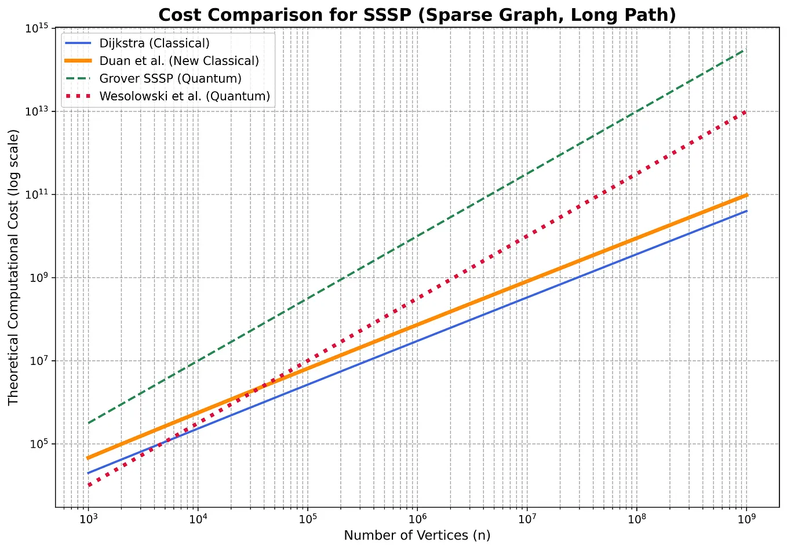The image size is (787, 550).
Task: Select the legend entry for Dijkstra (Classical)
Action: click(154, 44)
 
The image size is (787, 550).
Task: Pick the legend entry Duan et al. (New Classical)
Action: click(178, 61)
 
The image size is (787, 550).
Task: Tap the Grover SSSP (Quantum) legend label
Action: click(170, 78)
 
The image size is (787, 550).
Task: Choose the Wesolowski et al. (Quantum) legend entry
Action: click(184, 96)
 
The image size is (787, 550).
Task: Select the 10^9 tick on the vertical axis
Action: click(39, 278)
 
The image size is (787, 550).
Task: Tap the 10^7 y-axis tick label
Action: click(39, 361)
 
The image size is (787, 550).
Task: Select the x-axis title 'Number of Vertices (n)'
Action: click(417, 535)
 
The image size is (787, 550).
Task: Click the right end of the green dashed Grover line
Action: click(745, 50)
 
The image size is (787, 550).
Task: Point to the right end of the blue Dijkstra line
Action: click(746, 211)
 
